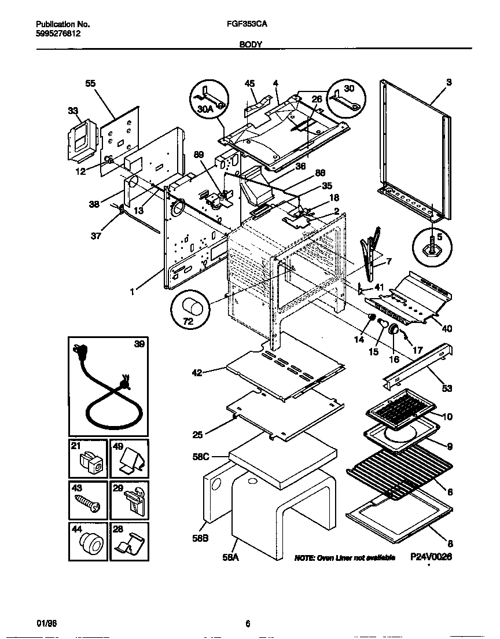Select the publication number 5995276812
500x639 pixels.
[x=58, y=34]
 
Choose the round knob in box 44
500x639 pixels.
[x=89, y=543]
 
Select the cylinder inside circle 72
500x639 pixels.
[x=192, y=307]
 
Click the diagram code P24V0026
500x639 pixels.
[x=431, y=557]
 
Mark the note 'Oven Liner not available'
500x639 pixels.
[x=345, y=557]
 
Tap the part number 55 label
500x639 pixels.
[x=90, y=83]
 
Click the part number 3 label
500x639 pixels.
[x=448, y=83]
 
